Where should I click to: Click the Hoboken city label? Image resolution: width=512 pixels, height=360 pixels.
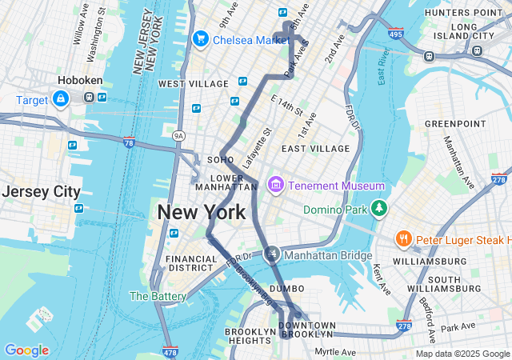(x=78, y=81)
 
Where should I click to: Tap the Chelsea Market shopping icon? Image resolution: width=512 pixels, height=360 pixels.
(x=200, y=38)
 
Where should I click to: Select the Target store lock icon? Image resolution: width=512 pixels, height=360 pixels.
(x=60, y=98)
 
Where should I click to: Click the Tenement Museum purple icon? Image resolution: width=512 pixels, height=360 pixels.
(x=276, y=186)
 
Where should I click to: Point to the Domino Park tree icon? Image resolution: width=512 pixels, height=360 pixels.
(x=378, y=210)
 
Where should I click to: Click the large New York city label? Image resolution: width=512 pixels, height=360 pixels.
(x=202, y=213)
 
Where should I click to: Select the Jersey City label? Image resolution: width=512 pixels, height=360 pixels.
(x=41, y=192)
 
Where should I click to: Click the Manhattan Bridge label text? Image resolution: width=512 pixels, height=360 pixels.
(x=328, y=255)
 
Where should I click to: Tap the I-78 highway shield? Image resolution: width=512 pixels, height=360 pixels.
(x=129, y=142)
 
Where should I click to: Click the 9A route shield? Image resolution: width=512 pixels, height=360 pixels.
(x=179, y=135)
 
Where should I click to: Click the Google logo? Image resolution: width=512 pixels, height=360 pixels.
(x=26, y=350)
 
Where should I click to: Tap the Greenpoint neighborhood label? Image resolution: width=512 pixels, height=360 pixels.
(x=454, y=124)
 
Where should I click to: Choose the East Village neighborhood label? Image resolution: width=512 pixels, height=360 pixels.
(x=315, y=148)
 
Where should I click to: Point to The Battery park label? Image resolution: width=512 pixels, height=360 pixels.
(x=158, y=296)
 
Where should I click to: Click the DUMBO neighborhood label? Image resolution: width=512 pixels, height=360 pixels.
(x=287, y=288)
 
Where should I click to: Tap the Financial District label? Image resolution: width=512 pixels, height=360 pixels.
(x=191, y=264)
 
